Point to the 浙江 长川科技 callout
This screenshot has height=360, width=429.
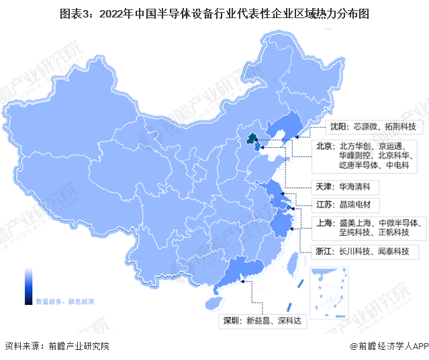pos(363,252)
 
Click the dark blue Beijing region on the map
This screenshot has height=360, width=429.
pos(251,140)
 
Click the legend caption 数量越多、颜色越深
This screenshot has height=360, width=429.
pos(65,302)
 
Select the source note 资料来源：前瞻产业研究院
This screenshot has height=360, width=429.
pos(56,347)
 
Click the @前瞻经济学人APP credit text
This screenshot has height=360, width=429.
pos(388,347)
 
